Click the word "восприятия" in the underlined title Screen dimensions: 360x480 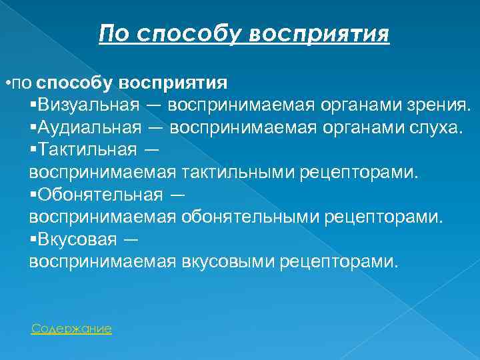[319, 33]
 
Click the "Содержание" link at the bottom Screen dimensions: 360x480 [71, 329]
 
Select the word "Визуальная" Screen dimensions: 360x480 [89, 105]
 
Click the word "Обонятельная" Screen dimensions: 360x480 [100, 195]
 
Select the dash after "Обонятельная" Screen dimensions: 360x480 [177, 195]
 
